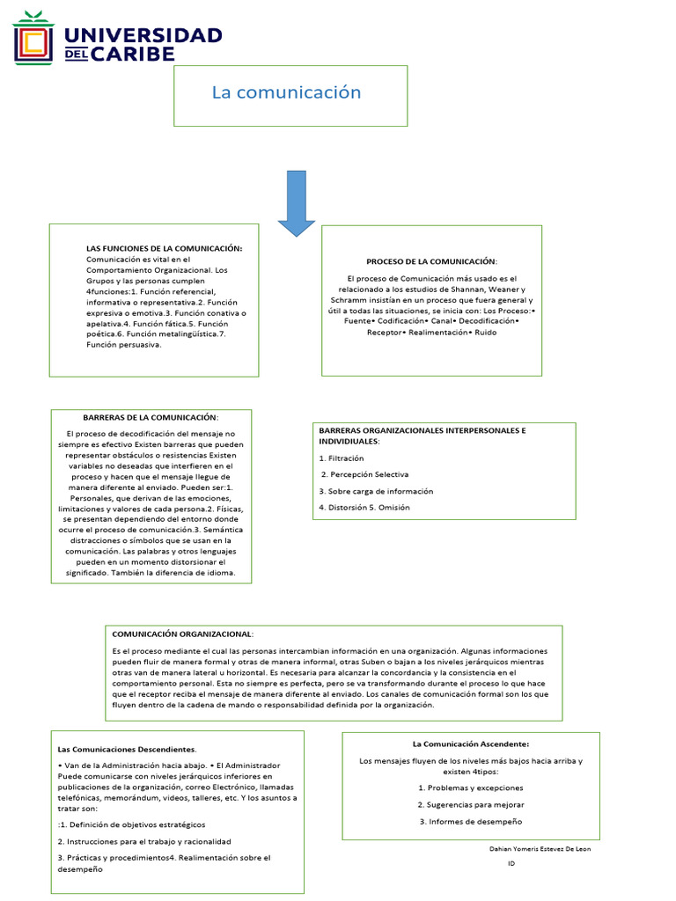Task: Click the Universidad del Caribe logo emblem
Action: [x=33, y=38]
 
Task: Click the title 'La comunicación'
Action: [x=286, y=92]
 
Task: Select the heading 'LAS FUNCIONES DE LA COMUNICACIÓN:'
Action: [x=164, y=248]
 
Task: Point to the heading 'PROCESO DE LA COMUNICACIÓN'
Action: [x=431, y=261]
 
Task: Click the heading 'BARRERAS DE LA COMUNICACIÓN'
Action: [x=151, y=417]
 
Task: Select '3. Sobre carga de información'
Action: [x=376, y=491]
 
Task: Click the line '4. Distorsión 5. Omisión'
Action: [x=364, y=507]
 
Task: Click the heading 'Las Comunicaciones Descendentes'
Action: [x=127, y=749]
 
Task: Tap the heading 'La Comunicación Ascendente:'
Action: [x=471, y=744]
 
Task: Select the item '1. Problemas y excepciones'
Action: [x=470, y=787]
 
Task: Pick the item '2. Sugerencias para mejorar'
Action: [x=471, y=804]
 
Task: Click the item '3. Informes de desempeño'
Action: [x=470, y=821]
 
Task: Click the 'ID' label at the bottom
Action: [x=511, y=864]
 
